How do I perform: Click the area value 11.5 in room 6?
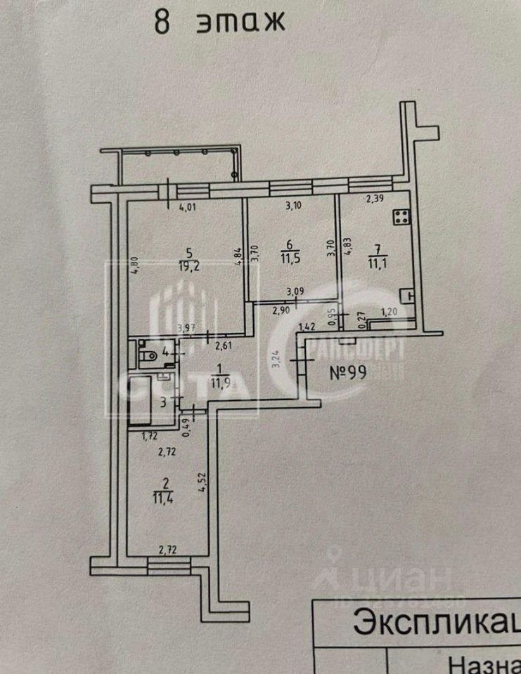[x=289, y=260]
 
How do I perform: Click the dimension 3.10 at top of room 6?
[x=293, y=206]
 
